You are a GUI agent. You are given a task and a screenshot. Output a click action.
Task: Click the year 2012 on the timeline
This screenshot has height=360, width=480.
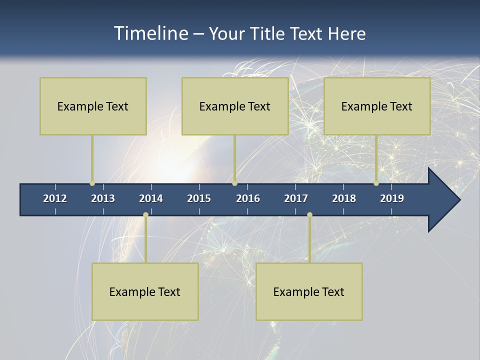[x=55, y=198]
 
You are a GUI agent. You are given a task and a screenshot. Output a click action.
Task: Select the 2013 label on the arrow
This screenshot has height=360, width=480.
[x=103, y=198]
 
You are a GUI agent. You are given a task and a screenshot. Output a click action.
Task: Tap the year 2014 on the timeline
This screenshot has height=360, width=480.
[x=151, y=198]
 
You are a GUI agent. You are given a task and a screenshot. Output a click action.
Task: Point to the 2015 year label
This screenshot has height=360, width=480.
[x=199, y=198]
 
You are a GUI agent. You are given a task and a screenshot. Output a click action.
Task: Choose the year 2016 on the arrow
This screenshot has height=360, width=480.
[x=248, y=198]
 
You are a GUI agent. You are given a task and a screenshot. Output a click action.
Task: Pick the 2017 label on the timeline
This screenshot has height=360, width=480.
[x=296, y=198]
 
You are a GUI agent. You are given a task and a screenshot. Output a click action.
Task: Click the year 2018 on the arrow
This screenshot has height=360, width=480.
[x=344, y=198]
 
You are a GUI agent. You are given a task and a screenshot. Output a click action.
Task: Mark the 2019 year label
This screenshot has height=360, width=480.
[x=392, y=198]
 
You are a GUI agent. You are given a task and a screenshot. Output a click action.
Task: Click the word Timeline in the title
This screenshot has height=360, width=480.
[x=149, y=33]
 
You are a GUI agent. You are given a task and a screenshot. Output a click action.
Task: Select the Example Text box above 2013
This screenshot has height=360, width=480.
[x=93, y=106]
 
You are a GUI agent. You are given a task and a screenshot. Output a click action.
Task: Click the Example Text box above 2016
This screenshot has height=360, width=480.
[x=235, y=106]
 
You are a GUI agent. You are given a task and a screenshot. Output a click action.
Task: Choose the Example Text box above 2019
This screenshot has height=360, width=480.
[x=377, y=106]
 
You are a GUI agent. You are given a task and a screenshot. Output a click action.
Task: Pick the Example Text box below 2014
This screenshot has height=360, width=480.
[x=145, y=291]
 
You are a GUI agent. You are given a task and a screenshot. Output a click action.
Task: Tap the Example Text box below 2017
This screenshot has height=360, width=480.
[x=309, y=291]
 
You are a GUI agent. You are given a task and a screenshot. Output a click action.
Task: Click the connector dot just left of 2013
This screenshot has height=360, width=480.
[x=92, y=183]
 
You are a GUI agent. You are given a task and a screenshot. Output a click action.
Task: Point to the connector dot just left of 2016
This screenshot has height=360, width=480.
[x=234, y=183]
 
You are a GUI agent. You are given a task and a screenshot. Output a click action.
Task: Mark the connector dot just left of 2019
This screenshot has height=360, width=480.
[x=376, y=183]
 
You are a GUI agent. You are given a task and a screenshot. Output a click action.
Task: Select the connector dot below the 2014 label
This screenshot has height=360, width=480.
[x=145, y=215]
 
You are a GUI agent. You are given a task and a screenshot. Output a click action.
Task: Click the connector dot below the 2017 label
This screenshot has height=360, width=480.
[x=309, y=215]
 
